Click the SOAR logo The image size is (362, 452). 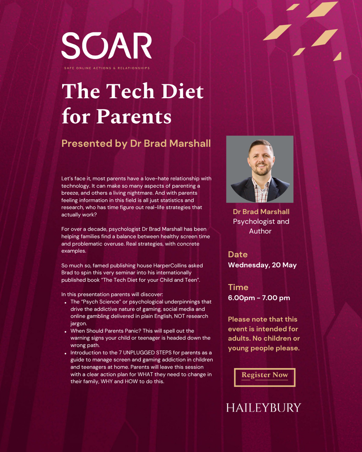(106, 46)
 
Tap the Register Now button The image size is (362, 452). (265, 377)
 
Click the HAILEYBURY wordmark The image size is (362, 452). (263, 408)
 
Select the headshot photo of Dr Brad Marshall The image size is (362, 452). (260, 169)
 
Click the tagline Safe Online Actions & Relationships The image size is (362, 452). (107, 68)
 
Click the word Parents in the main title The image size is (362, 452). (134, 116)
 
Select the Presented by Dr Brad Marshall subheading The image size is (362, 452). (136, 144)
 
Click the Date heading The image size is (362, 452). (238, 255)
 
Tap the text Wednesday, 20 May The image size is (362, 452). (262, 265)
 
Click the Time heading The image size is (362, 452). (238, 287)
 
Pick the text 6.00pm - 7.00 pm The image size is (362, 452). (259, 298)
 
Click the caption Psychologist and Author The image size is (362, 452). (261, 226)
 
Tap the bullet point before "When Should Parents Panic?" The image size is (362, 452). (65, 332)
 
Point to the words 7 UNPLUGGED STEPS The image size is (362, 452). (145, 353)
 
